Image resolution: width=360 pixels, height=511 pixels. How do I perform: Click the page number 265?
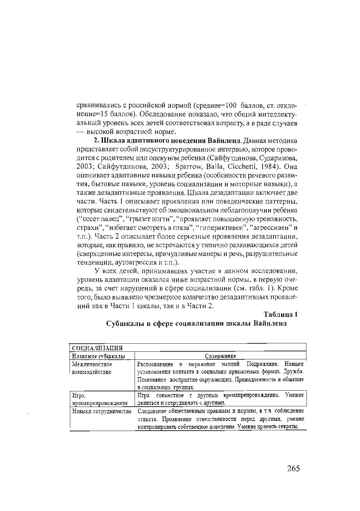pyautogui.click(x=293, y=468)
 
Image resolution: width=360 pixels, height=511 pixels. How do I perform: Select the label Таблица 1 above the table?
pyautogui.click(x=281, y=314)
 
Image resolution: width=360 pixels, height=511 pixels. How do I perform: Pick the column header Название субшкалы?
pyautogui.click(x=98, y=356)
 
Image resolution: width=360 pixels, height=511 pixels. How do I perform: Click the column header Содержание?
pyautogui.click(x=220, y=356)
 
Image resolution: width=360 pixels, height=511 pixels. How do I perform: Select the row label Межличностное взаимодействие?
pyautogui.click(x=91, y=368)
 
